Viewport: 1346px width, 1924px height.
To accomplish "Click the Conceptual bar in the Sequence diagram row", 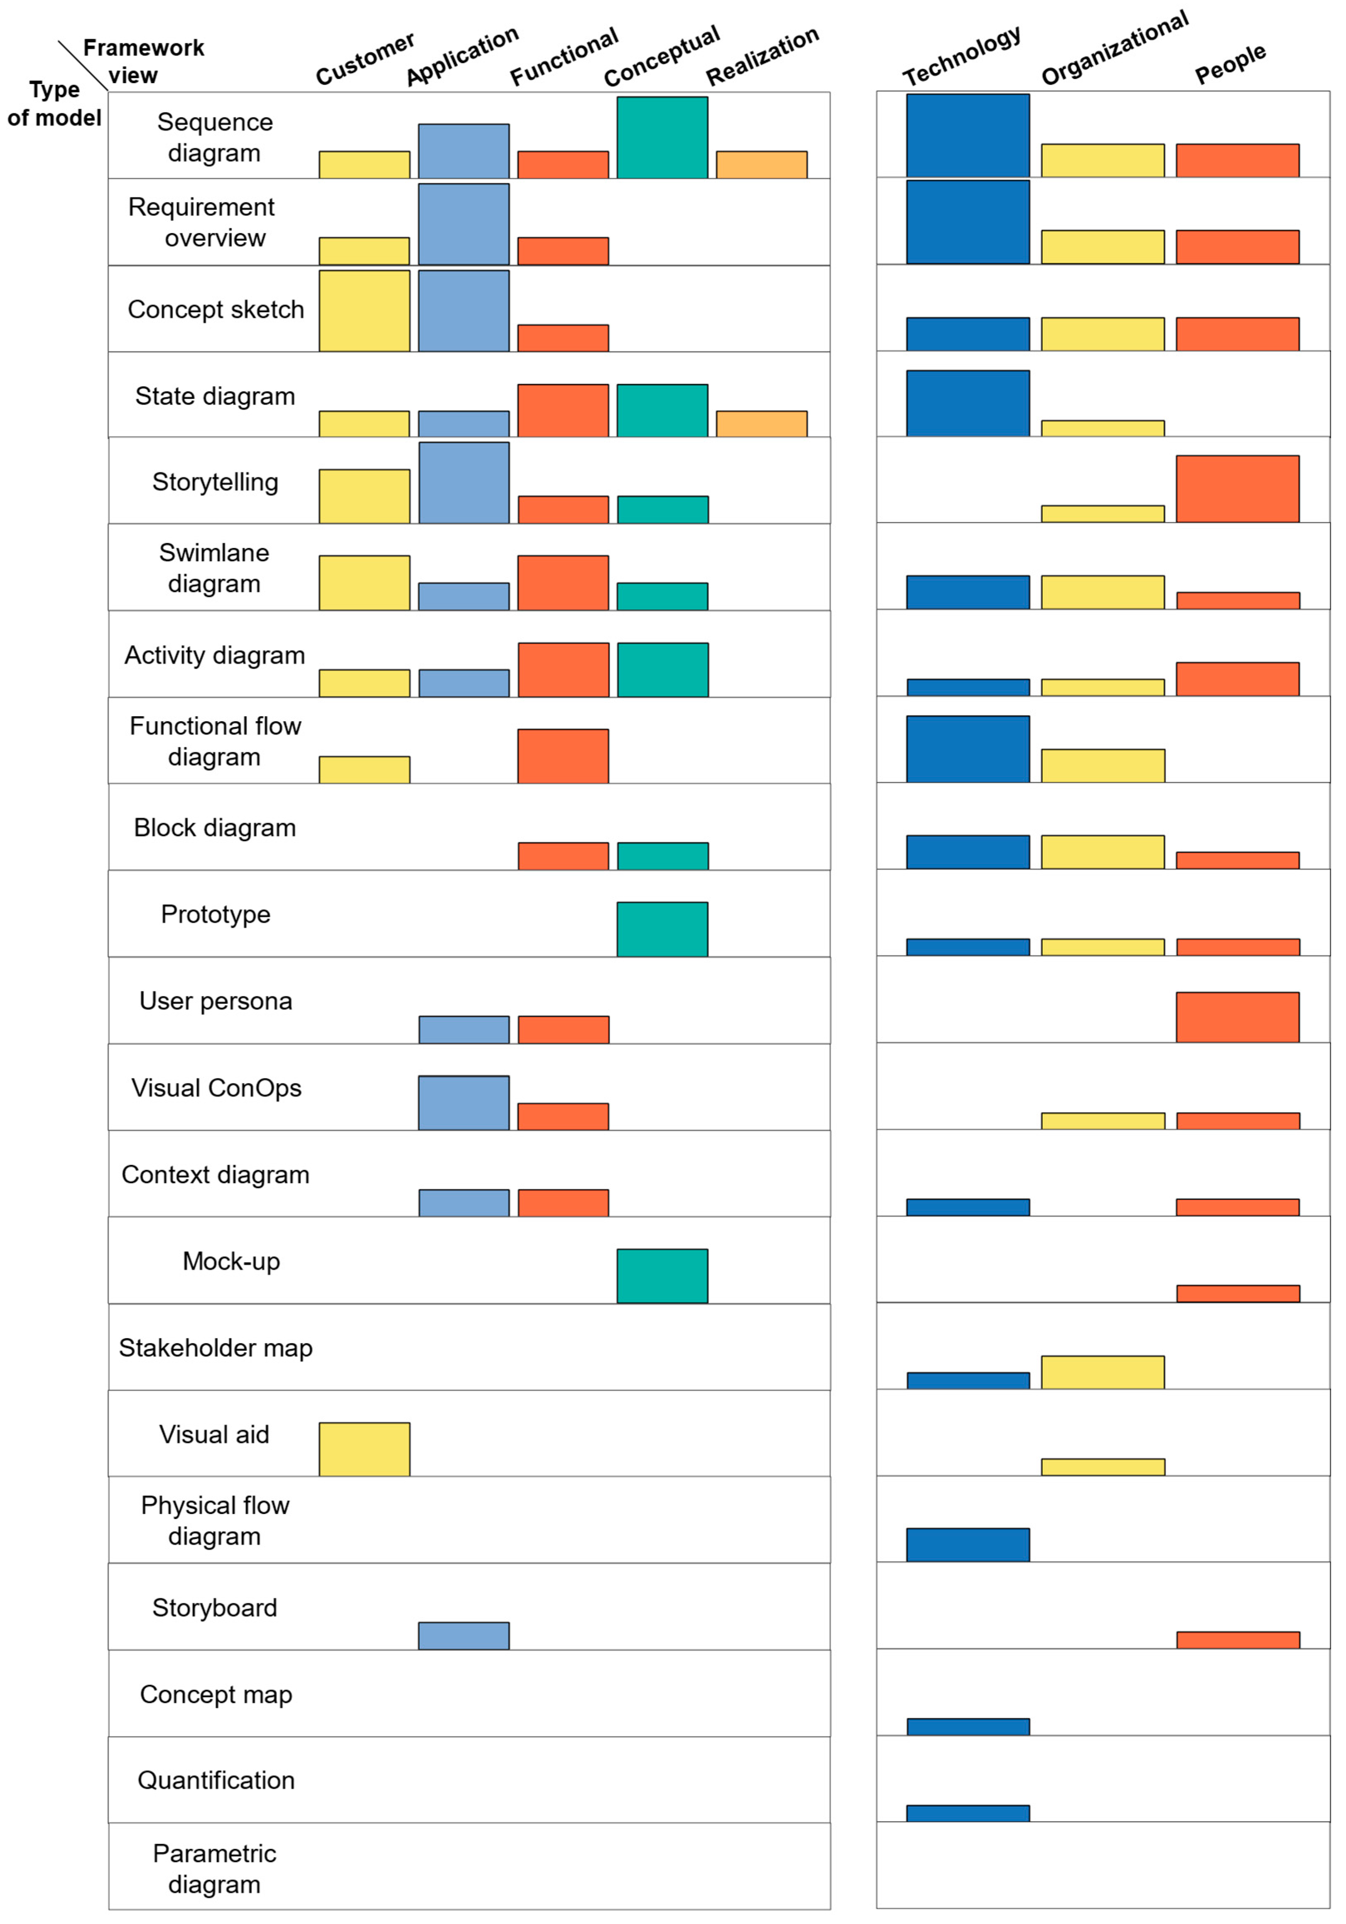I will coord(662,138).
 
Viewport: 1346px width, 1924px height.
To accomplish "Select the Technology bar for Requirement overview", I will coord(967,222).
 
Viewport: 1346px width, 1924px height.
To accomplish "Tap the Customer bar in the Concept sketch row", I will coord(364,311).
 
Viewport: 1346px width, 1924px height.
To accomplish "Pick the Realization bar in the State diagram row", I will coord(761,424).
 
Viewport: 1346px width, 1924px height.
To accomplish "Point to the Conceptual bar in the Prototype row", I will coord(662,929).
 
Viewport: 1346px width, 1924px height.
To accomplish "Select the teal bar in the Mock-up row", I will coord(662,1276).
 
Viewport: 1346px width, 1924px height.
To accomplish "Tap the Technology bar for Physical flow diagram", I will coord(967,1544).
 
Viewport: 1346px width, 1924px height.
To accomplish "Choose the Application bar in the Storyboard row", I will coord(463,1636).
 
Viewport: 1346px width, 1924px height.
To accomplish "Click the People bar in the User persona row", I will coord(1237,1017).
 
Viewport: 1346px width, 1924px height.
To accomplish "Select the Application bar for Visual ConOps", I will coord(463,1103).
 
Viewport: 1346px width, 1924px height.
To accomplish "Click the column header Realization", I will coord(762,57).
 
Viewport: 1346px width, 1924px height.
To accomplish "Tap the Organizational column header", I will coord(1114,49).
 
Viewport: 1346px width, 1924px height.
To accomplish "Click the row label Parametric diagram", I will coord(214,1869).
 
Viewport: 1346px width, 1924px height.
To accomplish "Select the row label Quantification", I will coord(216,1780).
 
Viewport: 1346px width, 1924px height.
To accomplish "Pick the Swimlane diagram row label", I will coord(214,568).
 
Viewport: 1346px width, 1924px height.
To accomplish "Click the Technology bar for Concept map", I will coord(967,1726).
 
